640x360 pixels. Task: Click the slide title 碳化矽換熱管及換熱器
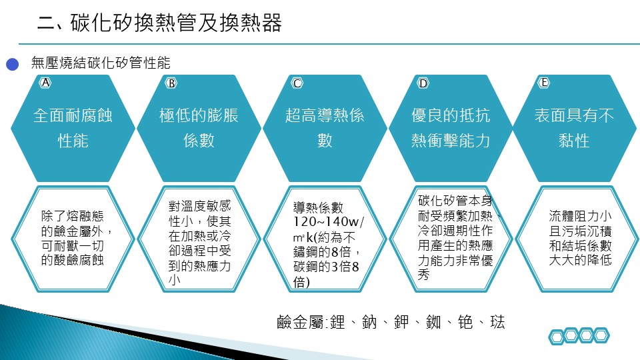pos(176,23)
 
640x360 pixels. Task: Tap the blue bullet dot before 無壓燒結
pos(12,65)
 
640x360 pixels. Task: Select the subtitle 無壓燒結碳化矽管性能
pos(101,63)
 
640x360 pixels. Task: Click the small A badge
pos(45,83)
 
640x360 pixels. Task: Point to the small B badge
pos(171,83)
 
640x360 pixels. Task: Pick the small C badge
pos(297,83)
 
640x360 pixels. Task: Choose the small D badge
pos(423,83)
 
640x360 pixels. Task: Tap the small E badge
pos(544,83)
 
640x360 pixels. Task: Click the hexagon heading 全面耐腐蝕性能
pos(73,128)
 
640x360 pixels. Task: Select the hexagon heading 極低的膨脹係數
pos(199,128)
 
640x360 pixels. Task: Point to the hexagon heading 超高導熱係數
pos(325,128)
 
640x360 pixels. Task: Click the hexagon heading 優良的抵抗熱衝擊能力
pos(451,128)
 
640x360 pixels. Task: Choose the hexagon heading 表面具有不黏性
pos(574,128)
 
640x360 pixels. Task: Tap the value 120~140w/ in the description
pos(329,221)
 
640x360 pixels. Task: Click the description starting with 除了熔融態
pos(76,238)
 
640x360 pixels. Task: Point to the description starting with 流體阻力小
pos(580,238)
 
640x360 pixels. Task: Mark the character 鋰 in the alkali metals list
pos(337,323)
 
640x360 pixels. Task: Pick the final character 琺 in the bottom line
pos(497,323)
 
